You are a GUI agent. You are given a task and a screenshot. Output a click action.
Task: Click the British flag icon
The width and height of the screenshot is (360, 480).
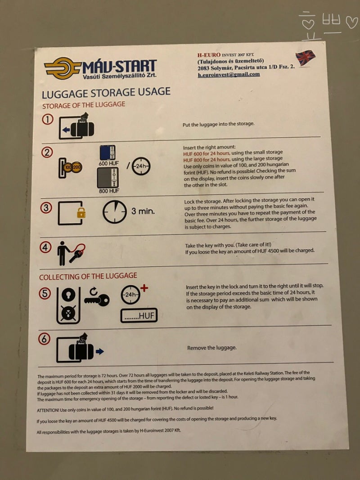pyautogui.click(x=305, y=57)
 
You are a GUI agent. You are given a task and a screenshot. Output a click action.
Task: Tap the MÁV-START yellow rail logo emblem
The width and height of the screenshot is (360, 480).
pyautogui.click(x=63, y=68)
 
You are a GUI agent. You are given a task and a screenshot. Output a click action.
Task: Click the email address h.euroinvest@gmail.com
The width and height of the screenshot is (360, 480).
pyautogui.click(x=229, y=74)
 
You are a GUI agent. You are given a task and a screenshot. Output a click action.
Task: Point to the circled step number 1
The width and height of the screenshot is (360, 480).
pyautogui.click(x=47, y=119)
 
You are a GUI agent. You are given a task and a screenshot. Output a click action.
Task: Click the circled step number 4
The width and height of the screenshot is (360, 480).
pyautogui.click(x=45, y=247)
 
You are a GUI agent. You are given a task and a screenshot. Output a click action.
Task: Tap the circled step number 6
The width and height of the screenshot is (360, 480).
pyautogui.click(x=44, y=339)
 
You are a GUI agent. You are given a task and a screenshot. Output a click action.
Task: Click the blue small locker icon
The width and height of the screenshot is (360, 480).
pyautogui.click(x=108, y=153)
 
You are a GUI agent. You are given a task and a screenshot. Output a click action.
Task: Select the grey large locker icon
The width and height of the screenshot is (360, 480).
pyautogui.click(x=108, y=178)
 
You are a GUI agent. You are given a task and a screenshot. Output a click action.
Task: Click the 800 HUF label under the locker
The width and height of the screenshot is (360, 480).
pyautogui.click(x=109, y=191)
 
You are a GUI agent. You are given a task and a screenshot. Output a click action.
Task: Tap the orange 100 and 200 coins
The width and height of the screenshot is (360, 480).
pyautogui.click(x=72, y=167)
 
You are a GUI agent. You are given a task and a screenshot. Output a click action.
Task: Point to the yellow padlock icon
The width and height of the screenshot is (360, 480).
pyautogui.click(x=81, y=213)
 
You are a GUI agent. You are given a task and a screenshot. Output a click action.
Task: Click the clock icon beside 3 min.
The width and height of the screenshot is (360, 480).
pyautogui.click(x=114, y=212)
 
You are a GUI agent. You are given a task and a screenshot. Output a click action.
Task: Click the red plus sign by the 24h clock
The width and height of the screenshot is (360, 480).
pyautogui.click(x=144, y=288)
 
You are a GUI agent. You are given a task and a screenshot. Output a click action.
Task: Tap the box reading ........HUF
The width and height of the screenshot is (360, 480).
pyautogui.click(x=139, y=316)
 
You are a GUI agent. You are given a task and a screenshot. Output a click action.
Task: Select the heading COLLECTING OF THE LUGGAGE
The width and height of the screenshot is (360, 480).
pyautogui.click(x=88, y=276)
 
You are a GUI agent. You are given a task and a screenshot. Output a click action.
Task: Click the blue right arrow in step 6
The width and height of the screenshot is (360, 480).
pyautogui.click(x=100, y=351)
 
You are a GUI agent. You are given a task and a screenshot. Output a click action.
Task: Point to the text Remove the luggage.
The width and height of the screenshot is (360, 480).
pyautogui.click(x=212, y=348)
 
